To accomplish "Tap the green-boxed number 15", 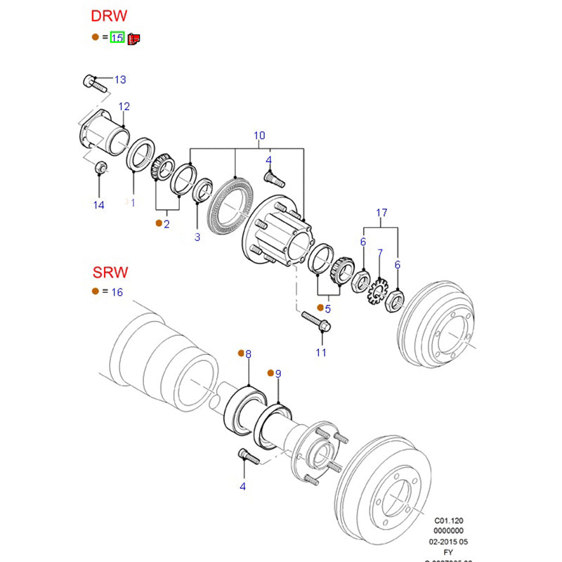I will [117, 37].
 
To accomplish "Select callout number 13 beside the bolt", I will [120, 79].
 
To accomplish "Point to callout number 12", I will [124, 107].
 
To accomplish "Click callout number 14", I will [98, 205].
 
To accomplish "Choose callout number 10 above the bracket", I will [259, 135].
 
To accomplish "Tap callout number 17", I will [381, 212].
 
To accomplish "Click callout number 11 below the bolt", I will [321, 352].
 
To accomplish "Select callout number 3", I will [197, 237].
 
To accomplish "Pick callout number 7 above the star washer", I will [379, 253].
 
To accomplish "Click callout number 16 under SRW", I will [117, 292].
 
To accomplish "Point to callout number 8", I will [248, 354].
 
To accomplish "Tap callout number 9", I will [277, 374].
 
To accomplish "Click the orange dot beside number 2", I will [159, 223].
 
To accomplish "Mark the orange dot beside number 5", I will [320, 308].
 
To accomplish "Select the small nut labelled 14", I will [100, 166].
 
